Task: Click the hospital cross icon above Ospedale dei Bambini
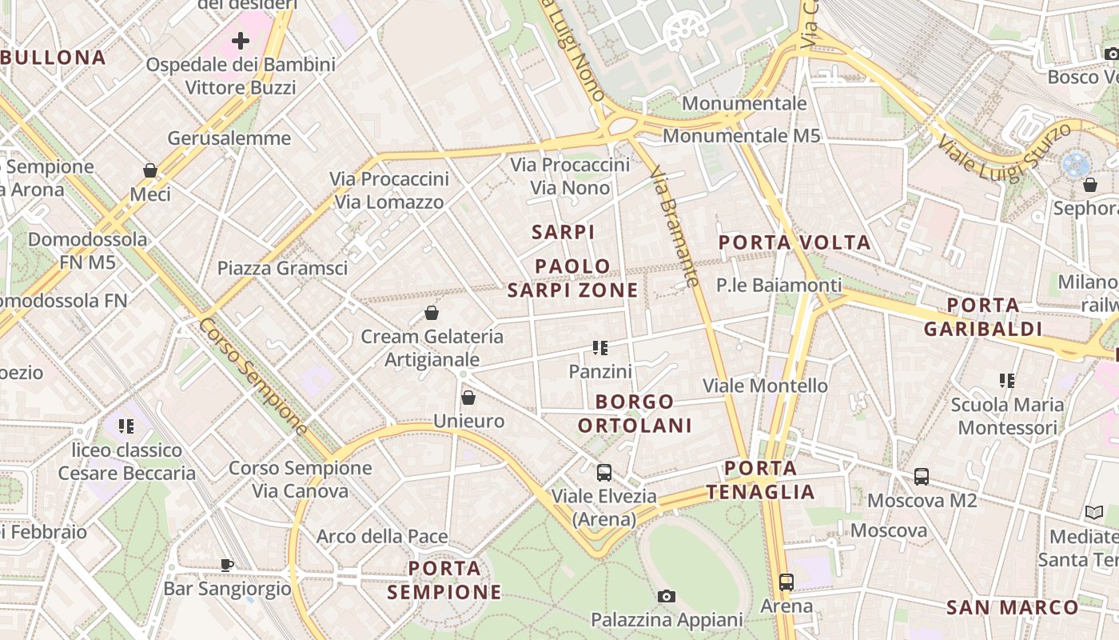click(241, 41)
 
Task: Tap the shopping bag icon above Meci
click(149, 170)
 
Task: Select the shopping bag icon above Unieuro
click(468, 398)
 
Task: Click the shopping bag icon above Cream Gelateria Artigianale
click(432, 312)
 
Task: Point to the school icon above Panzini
click(600, 348)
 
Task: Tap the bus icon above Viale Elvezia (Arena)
click(604, 472)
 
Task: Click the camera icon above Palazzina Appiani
click(666, 596)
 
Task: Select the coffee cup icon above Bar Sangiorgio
click(227, 565)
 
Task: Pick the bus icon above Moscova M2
click(922, 477)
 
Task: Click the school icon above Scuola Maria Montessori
click(1006, 381)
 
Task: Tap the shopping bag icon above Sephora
click(1090, 185)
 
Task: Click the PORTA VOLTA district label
click(794, 242)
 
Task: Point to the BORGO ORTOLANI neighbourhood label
click(635, 413)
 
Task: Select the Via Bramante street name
click(675, 226)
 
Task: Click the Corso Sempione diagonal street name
click(253, 376)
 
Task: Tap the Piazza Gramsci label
click(282, 268)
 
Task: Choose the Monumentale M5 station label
click(741, 136)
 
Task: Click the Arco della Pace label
click(382, 536)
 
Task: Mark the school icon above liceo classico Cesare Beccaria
click(126, 426)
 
